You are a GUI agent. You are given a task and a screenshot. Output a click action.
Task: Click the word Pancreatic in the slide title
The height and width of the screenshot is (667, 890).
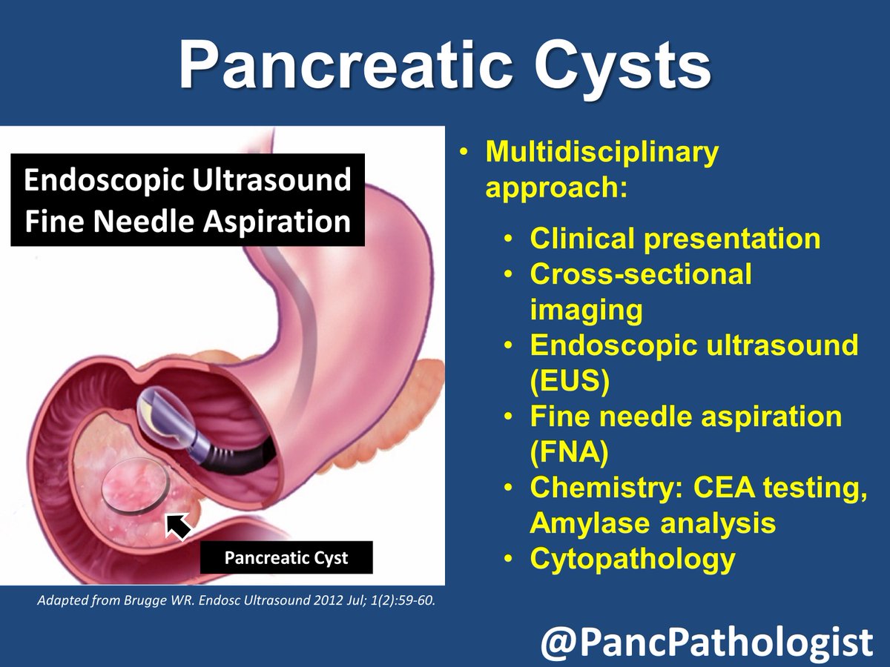(346, 65)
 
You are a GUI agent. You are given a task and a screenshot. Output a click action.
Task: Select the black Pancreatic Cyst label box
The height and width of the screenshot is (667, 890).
(286, 557)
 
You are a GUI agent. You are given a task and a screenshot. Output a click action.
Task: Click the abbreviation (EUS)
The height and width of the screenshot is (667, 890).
(570, 381)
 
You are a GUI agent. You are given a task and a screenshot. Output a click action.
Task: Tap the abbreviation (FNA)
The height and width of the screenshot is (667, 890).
(569, 452)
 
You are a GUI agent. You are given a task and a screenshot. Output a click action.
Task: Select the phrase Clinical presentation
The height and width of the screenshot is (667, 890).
(675, 239)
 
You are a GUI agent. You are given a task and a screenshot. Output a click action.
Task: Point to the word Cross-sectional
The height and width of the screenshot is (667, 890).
(641, 273)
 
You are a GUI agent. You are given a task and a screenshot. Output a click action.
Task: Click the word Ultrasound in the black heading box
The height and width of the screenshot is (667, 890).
(271, 179)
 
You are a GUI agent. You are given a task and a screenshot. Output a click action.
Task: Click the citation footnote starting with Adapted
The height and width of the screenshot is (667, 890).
(236, 600)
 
